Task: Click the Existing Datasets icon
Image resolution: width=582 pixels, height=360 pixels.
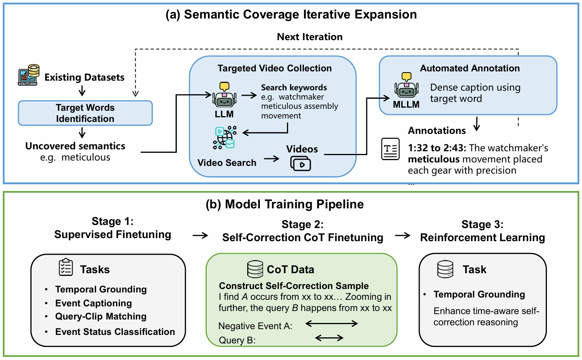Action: pos(29,75)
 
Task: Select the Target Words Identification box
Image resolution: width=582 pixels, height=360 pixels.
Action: pos(85,113)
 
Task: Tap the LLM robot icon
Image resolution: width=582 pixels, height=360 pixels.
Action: pos(224,95)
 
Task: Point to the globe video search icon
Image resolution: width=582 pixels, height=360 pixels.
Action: pos(225,137)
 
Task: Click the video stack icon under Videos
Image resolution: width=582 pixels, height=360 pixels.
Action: pos(300,164)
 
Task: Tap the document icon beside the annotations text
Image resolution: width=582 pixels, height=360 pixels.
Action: pos(390,149)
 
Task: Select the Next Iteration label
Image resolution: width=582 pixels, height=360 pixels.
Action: pos(310,37)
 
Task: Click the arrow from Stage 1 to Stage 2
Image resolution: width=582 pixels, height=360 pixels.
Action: pos(200,235)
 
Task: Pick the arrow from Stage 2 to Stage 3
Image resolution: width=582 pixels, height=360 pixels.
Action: pos(403,235)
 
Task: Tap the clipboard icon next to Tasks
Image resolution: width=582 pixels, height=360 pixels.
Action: pos(66,267)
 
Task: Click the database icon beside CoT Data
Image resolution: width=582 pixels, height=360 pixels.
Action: pos(255,269)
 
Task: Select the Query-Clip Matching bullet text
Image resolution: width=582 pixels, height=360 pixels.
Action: pos(101,316)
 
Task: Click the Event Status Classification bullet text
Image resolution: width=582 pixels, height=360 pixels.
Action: pos(115,332)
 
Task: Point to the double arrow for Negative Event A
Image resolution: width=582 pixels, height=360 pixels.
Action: pos(332,324)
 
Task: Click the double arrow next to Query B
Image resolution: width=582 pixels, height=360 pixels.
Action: pos(329,338)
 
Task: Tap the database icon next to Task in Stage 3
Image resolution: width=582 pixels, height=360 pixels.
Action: pos(445,269)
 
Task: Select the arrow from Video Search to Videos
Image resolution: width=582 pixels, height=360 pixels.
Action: pos(272,159)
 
